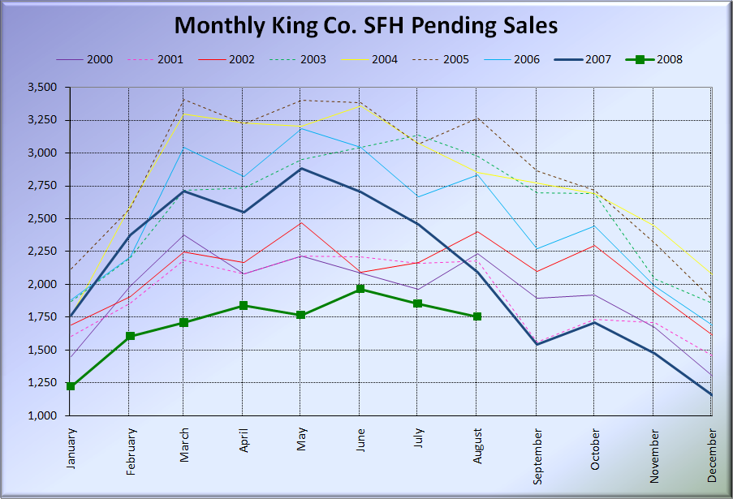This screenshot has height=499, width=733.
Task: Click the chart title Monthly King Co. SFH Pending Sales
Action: coord(366,26)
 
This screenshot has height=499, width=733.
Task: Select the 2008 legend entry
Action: coord(654,59)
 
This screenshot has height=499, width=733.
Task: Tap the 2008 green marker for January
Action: coord(71,386)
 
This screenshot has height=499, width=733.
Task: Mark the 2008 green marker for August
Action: coord(477,316)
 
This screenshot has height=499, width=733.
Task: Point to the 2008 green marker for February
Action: coord(129,336)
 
